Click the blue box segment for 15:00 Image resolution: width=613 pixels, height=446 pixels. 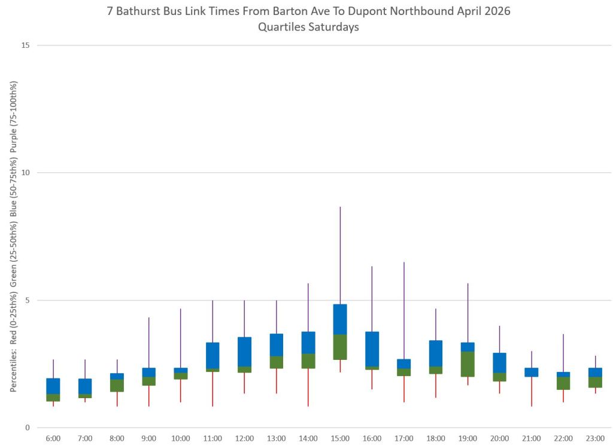pyautogui.click(x=340, y=319)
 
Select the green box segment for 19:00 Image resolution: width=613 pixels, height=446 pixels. pyautogui.click(x=468, y=364)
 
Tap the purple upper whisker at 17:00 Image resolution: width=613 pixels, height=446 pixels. pyautogui.click(x=404, y=310)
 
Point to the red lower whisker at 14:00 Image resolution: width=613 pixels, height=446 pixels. pyautogui.click(x=308, y=387)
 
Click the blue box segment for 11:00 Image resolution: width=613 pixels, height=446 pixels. pyautogui.click(x=213, y=355)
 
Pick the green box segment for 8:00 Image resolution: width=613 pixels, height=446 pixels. pyautogui.click(x=117, y=386)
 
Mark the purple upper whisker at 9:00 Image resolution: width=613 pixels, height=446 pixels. pyautogui.click(x=149, y=343)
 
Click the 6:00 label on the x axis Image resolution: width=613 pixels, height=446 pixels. pyautogui.click(x=53, y=439)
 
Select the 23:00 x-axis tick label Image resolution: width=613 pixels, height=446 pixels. pyautogui.click(x=595, y=439)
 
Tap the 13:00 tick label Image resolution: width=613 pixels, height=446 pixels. pyautogui.click(x=277, y=439)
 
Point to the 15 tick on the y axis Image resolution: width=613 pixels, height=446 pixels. pyautogui.click(x=25, y=45)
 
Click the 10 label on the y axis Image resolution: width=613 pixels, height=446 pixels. pyautogui.click(x=25, y=173)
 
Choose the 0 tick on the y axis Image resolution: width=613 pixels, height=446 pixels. pyautogui.click(x=28, y=427)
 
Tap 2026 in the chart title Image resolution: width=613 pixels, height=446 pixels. pyautogui.click(x=497, y=11)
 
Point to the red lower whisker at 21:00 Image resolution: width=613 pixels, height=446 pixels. pyautogui.click(x=532, y=392)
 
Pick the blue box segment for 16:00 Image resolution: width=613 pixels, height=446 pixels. pyautogui.click(x=372, y=349)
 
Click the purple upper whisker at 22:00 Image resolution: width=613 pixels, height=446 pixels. pyautogui.click(x=563, y=353)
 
